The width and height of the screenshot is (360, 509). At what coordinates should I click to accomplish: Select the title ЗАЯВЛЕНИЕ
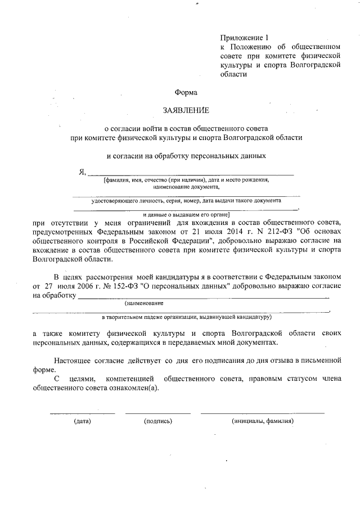click(186, 110)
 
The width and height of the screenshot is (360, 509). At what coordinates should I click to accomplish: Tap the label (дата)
click(82, 421)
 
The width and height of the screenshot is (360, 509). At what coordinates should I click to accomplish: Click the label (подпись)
click(158, 421)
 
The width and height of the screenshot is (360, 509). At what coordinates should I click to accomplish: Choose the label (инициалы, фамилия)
click(263, 421)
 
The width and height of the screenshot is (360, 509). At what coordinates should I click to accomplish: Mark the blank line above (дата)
click(82, 413)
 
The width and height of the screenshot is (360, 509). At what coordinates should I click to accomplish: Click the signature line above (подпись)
click(158, 413)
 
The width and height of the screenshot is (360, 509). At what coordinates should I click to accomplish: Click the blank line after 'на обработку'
click(202, 296)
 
